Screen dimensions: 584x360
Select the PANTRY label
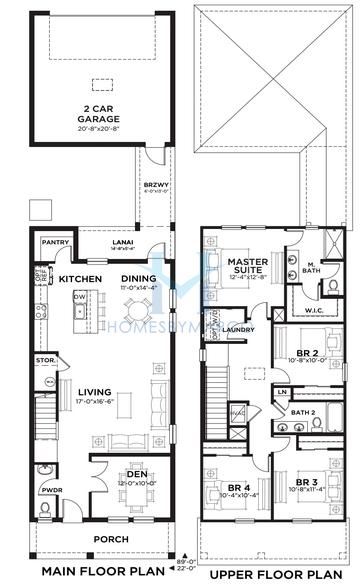pos(53,242)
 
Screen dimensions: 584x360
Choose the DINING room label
pos(139,279)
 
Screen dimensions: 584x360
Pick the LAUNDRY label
pos(237,329)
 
